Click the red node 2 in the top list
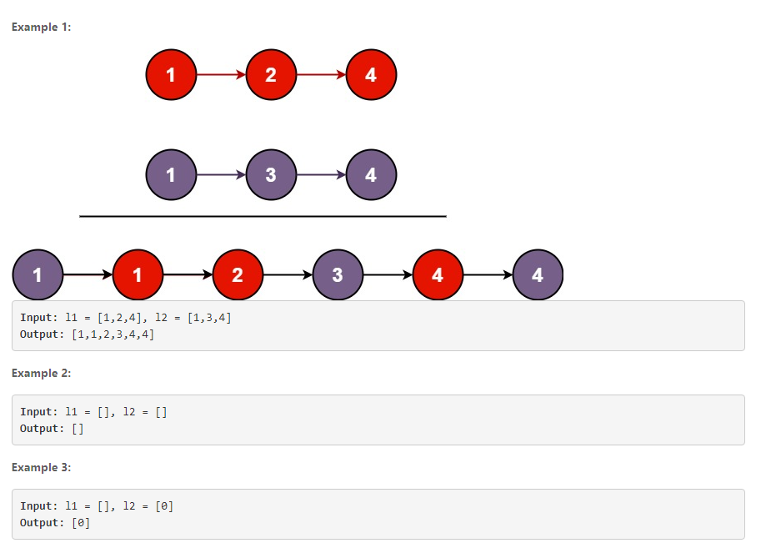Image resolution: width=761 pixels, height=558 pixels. click(x=271, y=75)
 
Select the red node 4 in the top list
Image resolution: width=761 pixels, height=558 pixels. click(x=371, y=75)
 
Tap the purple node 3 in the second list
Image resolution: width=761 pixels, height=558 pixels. click(x=271, y=175)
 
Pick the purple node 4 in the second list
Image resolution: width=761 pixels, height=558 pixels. click(x=371, y=175)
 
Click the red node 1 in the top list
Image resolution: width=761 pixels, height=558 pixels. click(x=171, y=75)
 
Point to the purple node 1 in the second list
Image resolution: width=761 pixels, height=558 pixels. click(x=171, y=175)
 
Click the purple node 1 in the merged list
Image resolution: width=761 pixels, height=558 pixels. click(x=38, y=274)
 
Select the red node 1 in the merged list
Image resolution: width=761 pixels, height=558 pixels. click(x=138, y=274)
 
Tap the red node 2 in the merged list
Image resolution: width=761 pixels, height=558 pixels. click(x=238, y=274)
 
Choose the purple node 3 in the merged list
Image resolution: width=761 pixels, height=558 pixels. click(x=338, y=274)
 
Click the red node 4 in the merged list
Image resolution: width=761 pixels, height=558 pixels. click(x=438, y=274)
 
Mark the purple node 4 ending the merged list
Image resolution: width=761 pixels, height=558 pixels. click(x=538, y=274)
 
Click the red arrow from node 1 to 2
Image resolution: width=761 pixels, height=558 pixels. click(x=221, y=75)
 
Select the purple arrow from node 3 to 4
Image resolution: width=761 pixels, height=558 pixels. click(x=321, y=175)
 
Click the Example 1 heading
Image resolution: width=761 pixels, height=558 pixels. click(x=42, y=28)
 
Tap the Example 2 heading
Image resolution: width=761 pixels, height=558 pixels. click(x=42, y=374)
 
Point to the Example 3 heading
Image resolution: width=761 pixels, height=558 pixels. click(x=42, y=468)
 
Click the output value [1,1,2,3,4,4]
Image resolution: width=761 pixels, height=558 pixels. click(x=113, y=334)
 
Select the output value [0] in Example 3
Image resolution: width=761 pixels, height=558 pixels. click(x=81, y=523)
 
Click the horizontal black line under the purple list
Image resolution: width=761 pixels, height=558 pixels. click(x=263, y=216)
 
